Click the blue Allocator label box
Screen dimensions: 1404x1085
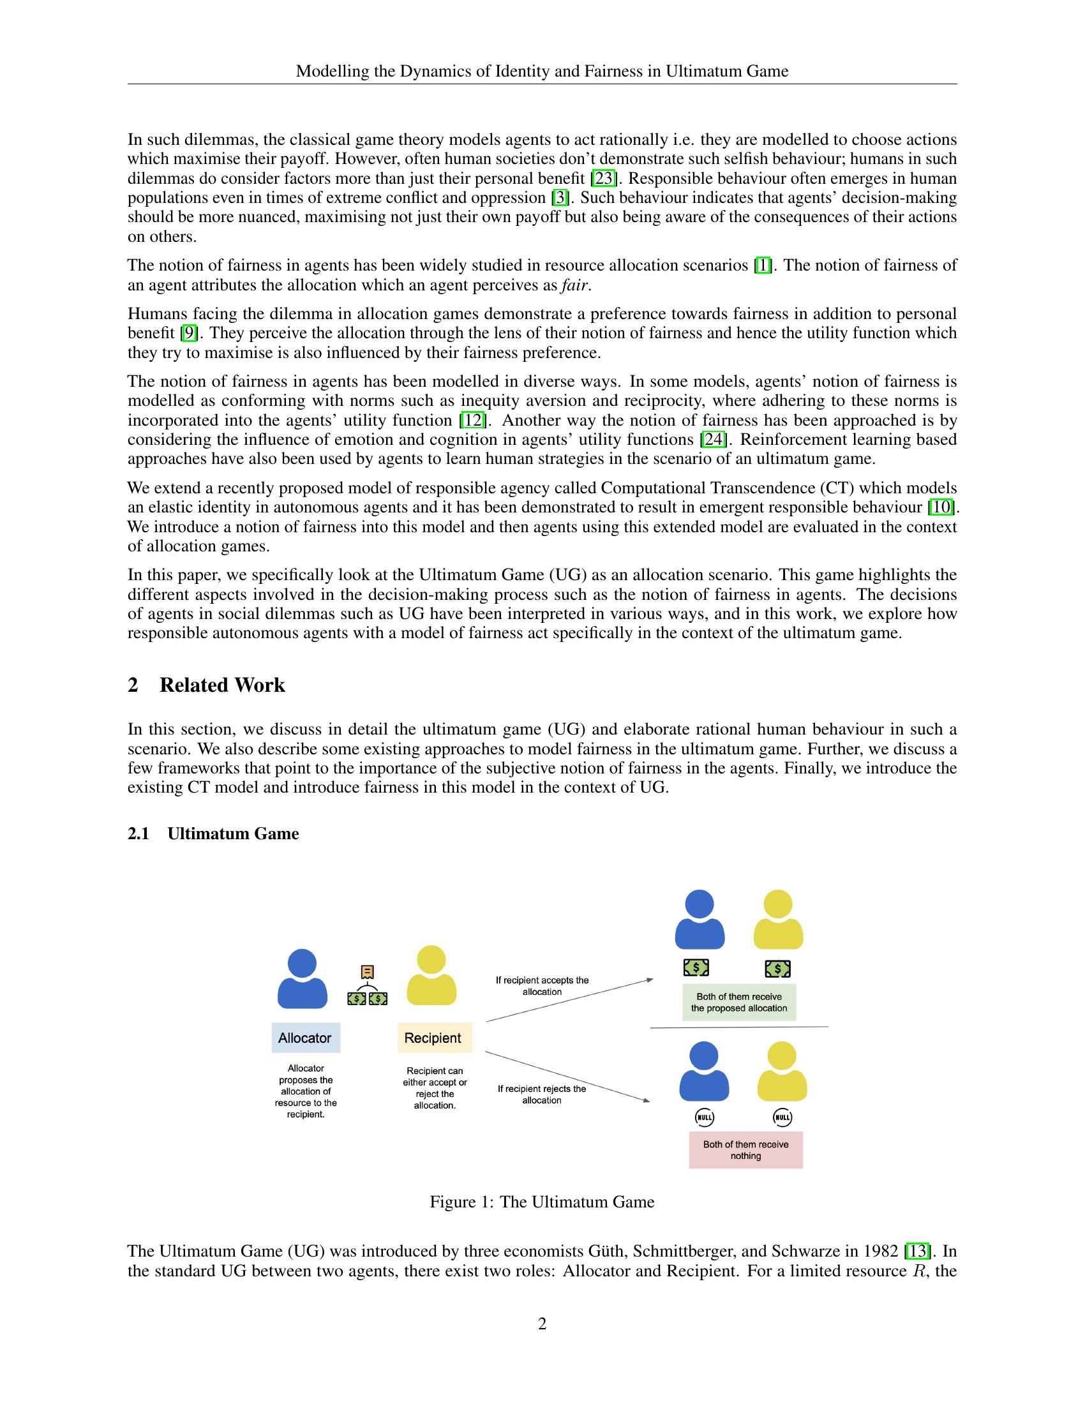(x=305, y=1038)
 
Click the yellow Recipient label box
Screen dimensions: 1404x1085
(x=434, y=1038)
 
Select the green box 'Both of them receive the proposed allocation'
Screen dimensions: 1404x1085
(x=738, y=1002)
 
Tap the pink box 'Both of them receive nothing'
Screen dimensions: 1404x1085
(x=745, y=1150)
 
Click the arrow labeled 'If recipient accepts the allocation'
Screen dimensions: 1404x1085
(x=569, y=1000)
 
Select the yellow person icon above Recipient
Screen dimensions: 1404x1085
(x=431, y=975)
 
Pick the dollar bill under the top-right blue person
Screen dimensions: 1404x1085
(x=696, y=967)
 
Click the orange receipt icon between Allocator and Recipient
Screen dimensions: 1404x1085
(x=368, y=971)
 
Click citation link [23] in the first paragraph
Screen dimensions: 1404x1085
(x=604, y=178)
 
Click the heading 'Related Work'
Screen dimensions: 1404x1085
(x=221, y=685)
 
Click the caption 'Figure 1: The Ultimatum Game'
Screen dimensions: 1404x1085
(x=542, y=1202)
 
